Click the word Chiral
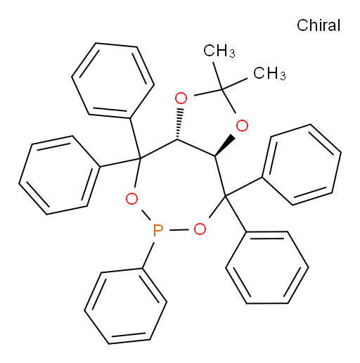point(319,25)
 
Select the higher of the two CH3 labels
point(219,51)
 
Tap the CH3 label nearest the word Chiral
point(269,73)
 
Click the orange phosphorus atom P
point(157,230)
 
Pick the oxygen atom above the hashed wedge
point(181,98)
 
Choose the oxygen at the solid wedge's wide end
point(242,126)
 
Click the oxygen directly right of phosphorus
point(200,229)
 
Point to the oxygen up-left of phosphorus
point(131,199)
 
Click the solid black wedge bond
point(224,146)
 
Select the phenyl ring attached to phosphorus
point(126,306)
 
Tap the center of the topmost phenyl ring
point(112,80)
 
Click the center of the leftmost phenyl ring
point(60,175)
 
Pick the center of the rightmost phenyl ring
point(302,165)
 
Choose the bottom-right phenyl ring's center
point(267,267)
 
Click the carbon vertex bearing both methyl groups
point(222,89)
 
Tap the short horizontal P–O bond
point(179,230)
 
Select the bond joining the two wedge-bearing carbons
point(196,148)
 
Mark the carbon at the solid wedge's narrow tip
point(214,155)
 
